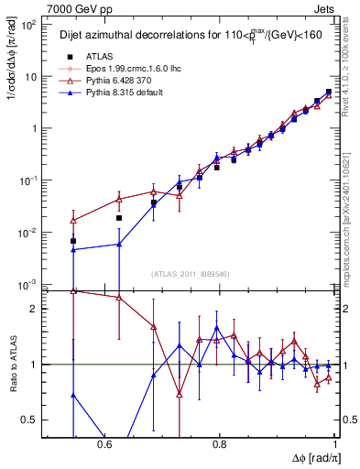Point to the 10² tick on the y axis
(29, 25)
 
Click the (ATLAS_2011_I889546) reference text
(191, 274)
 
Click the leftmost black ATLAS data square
(73, 241)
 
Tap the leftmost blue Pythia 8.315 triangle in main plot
(73, 249)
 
